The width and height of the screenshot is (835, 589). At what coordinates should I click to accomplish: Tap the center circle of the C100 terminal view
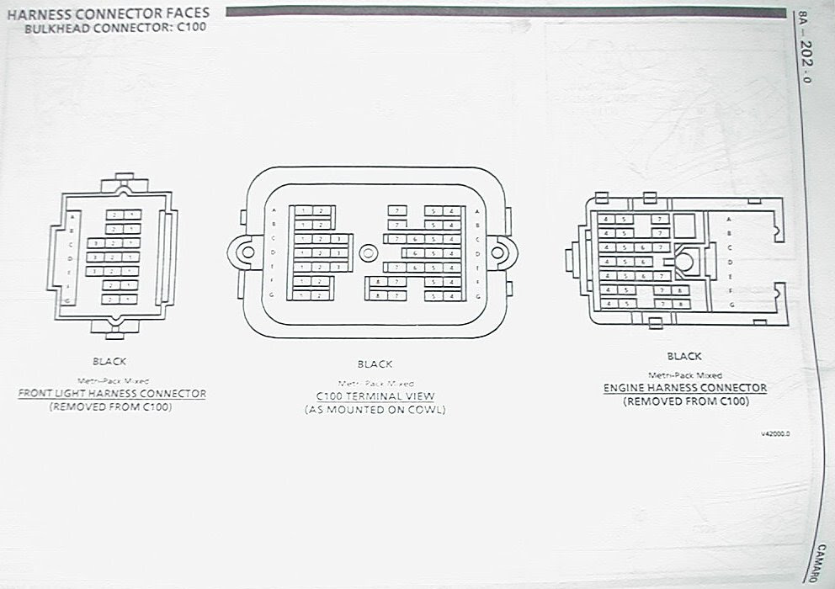point(367,252)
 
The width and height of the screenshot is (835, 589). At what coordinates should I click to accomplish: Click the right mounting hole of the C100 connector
point(496,252)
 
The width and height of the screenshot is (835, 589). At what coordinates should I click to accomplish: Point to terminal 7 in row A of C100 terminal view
point(397,210)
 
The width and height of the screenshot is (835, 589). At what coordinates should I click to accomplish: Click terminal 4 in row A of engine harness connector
point(606,218)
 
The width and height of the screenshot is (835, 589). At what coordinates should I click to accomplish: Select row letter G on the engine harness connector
point(731,304)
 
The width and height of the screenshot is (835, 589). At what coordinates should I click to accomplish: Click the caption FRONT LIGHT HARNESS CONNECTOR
point(112,394)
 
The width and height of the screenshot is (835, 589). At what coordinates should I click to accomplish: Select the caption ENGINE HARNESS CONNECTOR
point(685,388)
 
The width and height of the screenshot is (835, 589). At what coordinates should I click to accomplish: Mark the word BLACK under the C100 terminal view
point(375,364)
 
